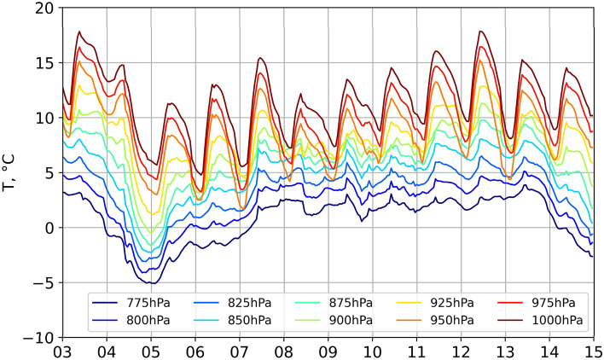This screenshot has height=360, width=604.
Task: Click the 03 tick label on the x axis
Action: click(x=62, y=351)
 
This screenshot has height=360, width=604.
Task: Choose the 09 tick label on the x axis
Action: click(x=328, y=351)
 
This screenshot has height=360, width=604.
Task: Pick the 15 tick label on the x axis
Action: click(x=592, y=351)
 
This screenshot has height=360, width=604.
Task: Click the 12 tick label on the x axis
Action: click(x=462, y=351)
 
